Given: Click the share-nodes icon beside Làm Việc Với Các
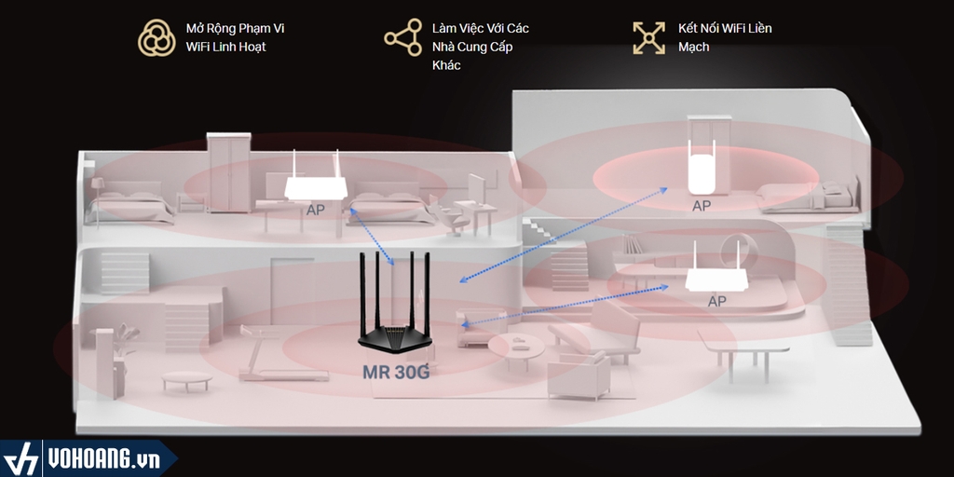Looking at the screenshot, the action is pyautogui.click(x=403, y=37).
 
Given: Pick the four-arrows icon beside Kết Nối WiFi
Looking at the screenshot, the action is pyautogui.click(x=648, y=37).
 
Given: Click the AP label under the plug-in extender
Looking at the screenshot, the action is pyautogui.click(x=702, y=206).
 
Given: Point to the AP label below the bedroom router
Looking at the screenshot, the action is pyautogui.click(x=316, y=211).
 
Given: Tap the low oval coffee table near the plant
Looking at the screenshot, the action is pyautogui.click(x=185, y=379).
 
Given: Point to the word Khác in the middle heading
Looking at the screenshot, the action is pyautogui.click(x=446, y=65).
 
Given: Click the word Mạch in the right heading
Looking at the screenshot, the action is pyautogui.click(x=693, y=47).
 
